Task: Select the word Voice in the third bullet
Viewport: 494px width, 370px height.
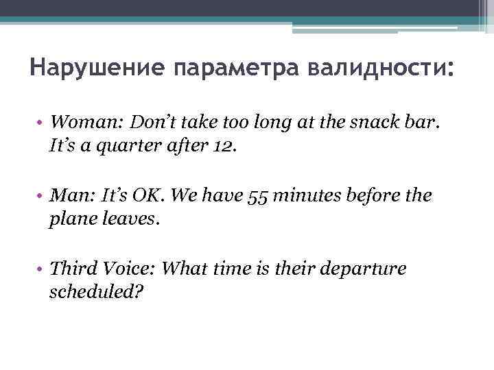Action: (128, 269)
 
